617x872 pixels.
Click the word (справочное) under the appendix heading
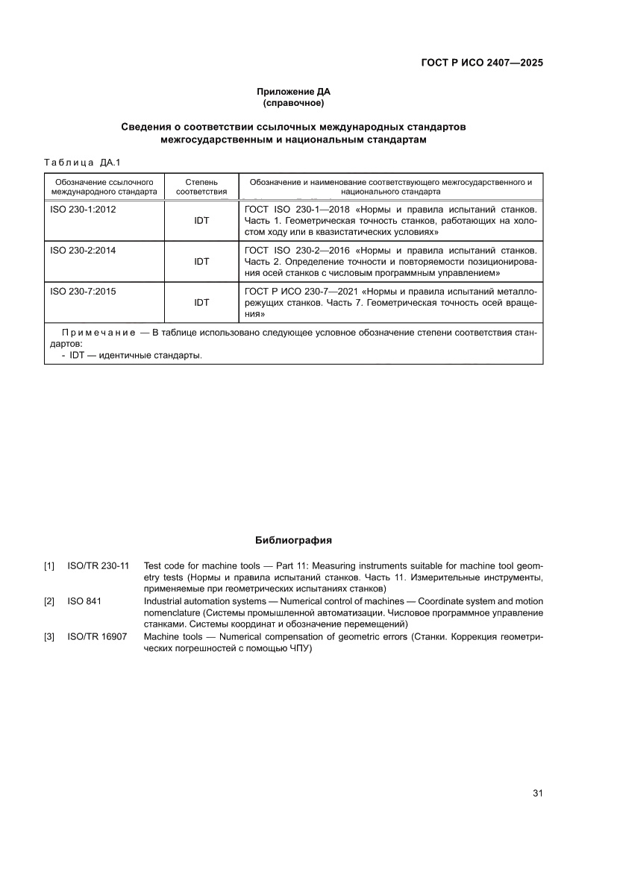click(x=293, y=103)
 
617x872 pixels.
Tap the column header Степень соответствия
click(x=201, y=186)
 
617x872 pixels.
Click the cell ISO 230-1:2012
click(x=83, y=210)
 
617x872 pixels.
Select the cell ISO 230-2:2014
click(x=83, y=251)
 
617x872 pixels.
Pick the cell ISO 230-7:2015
click(x=83, y=292)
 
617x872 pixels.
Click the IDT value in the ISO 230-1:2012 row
click(x=201, y=221)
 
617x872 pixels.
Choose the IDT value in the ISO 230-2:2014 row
click(x=201, y=262)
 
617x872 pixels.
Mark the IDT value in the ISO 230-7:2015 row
click(x=201, y=303)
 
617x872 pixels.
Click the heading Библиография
click(x=293, y=540)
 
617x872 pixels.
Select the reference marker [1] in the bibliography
click(x=49, y=566)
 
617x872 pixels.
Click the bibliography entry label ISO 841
click(x=84, y=601)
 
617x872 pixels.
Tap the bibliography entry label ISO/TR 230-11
click(x=98, y=566)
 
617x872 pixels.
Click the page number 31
click(x=536, y=793)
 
